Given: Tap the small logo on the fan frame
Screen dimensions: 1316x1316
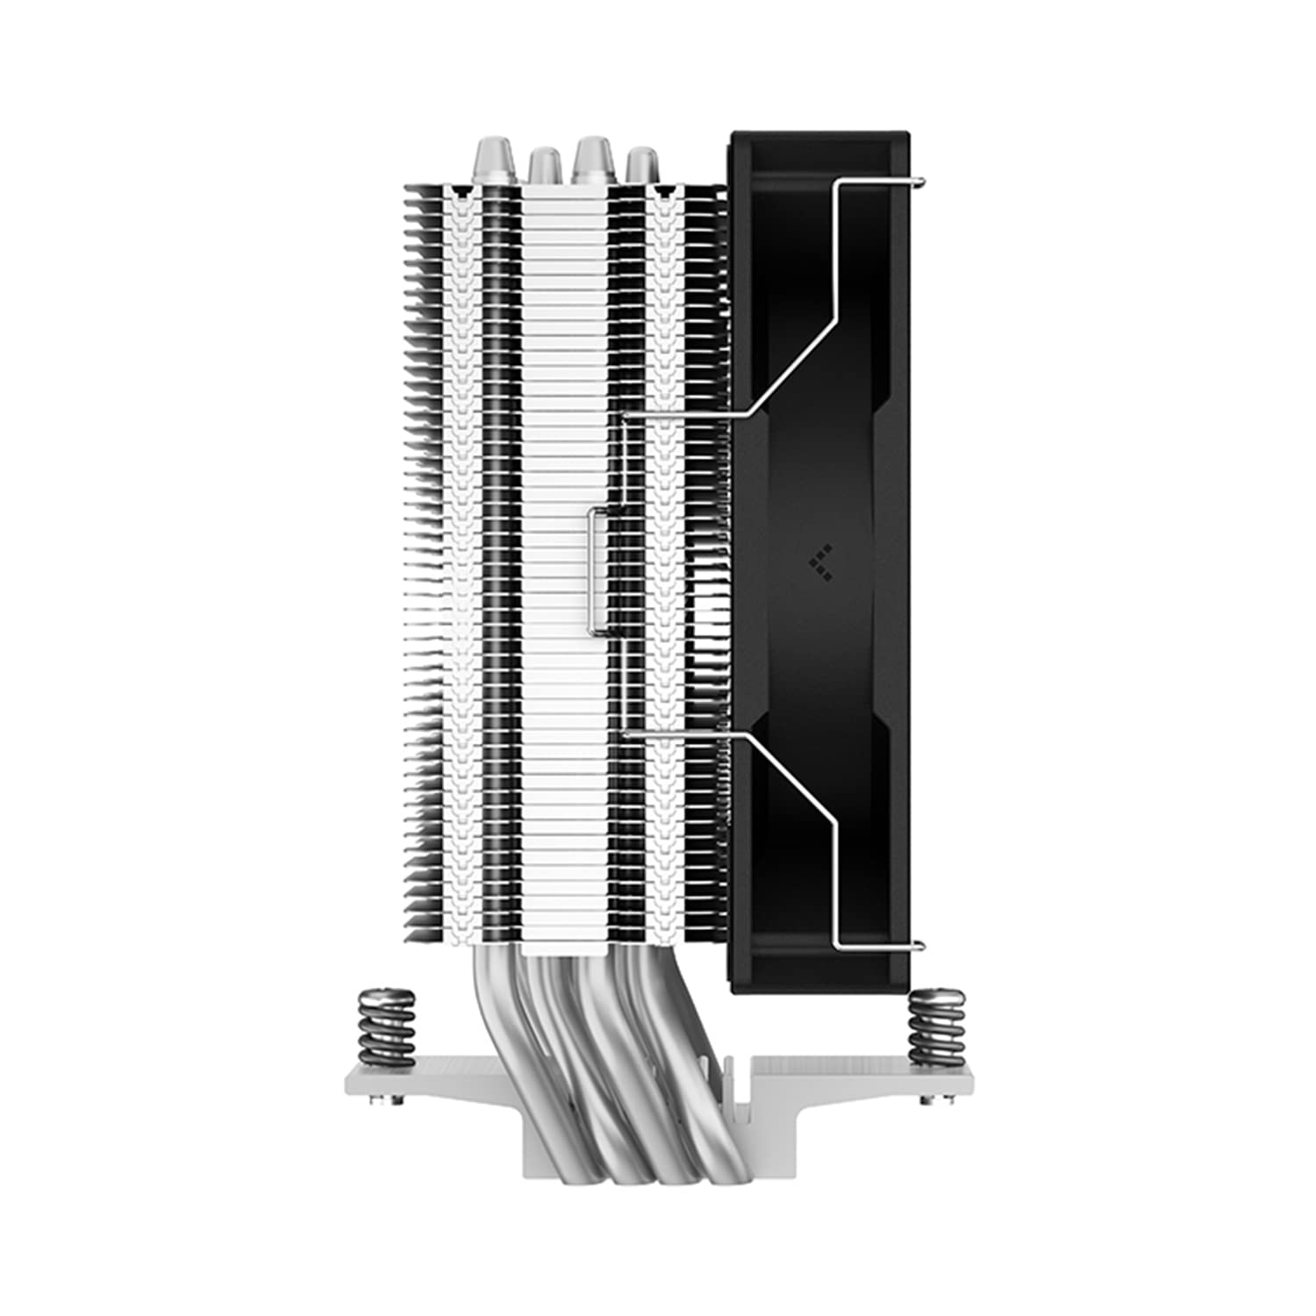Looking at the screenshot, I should (822, 562).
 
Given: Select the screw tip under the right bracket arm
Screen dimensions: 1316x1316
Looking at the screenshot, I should (926, 1098).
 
